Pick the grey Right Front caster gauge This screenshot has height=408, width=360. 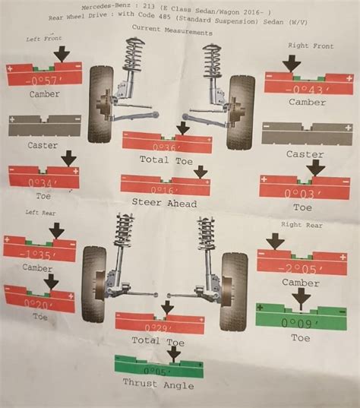[x=307, y=134]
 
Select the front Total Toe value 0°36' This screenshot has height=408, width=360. [x=166, y=146]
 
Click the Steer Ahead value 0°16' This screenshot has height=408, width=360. [x=165, y=188]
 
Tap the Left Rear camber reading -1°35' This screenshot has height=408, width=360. [x=39, y=255]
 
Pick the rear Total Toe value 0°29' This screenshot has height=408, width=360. [x=159, y=326]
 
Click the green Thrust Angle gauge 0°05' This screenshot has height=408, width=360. [x=159, y=371]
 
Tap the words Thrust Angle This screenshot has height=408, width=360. [x=159, y=385]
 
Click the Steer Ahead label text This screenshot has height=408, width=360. [x=164, y=203]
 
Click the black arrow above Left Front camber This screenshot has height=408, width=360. [x=62, y=53]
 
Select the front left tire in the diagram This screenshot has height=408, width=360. [x=101, y=104]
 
